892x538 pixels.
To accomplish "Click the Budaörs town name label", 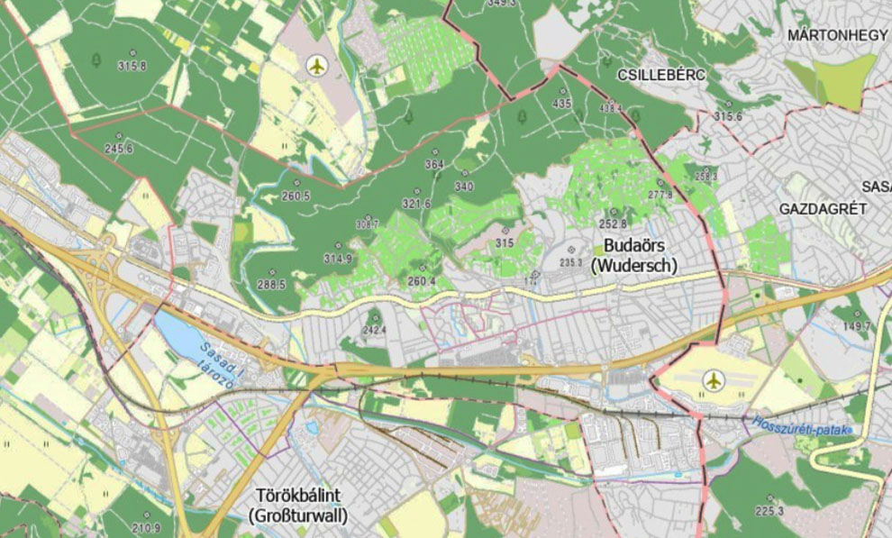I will coord(633,246).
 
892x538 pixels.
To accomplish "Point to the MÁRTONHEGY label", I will coord(837,35).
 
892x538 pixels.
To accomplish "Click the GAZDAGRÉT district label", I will coord(823,208).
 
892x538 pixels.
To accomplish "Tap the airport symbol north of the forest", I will coord(316,65).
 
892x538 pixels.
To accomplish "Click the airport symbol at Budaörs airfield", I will coord(715,380).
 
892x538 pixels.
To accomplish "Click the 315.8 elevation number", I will coord(132,66).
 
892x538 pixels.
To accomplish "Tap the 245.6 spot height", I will coord(118,149).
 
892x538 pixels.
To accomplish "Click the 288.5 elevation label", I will coord(270,284).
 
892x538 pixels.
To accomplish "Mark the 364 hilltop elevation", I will coord(435,165).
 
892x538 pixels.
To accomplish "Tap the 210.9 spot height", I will coord(145,527).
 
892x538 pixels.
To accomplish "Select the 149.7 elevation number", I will coord(856,324).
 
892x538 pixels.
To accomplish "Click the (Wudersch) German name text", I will coord(633,266).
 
